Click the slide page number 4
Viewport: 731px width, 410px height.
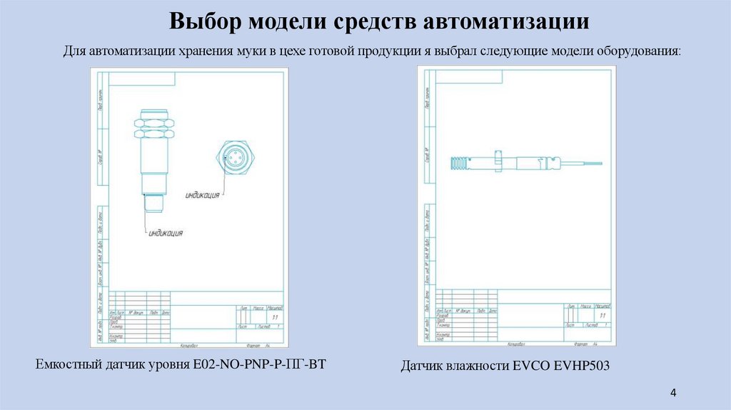(x=673, y=392)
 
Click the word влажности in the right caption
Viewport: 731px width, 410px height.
(x=474, y=366)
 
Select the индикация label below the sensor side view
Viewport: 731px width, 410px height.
(x=166, y=233)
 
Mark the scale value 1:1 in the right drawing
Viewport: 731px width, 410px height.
(x=603, y=314)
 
